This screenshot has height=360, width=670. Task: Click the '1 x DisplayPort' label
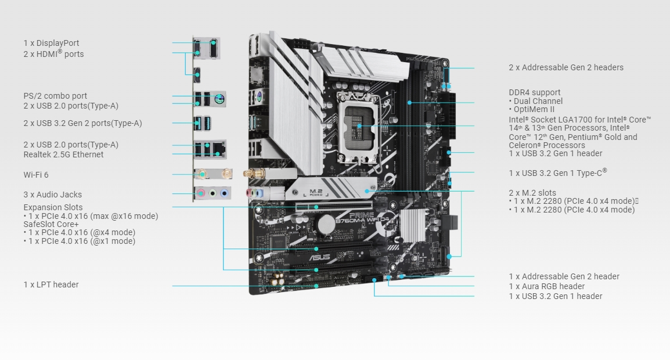coord(51,43)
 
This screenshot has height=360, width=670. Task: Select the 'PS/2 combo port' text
coord(55,96)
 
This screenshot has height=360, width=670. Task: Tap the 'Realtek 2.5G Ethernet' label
coord(63,154)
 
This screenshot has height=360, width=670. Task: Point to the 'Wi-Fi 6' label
coord(36,174)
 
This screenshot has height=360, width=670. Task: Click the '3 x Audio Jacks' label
coord(53,195)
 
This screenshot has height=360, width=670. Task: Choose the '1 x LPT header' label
coord(51,285)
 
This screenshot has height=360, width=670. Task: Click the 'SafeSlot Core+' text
coord(51,224)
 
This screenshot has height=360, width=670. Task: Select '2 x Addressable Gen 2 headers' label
coord(565,67)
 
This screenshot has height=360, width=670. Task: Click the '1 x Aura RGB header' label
coord(546,286)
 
